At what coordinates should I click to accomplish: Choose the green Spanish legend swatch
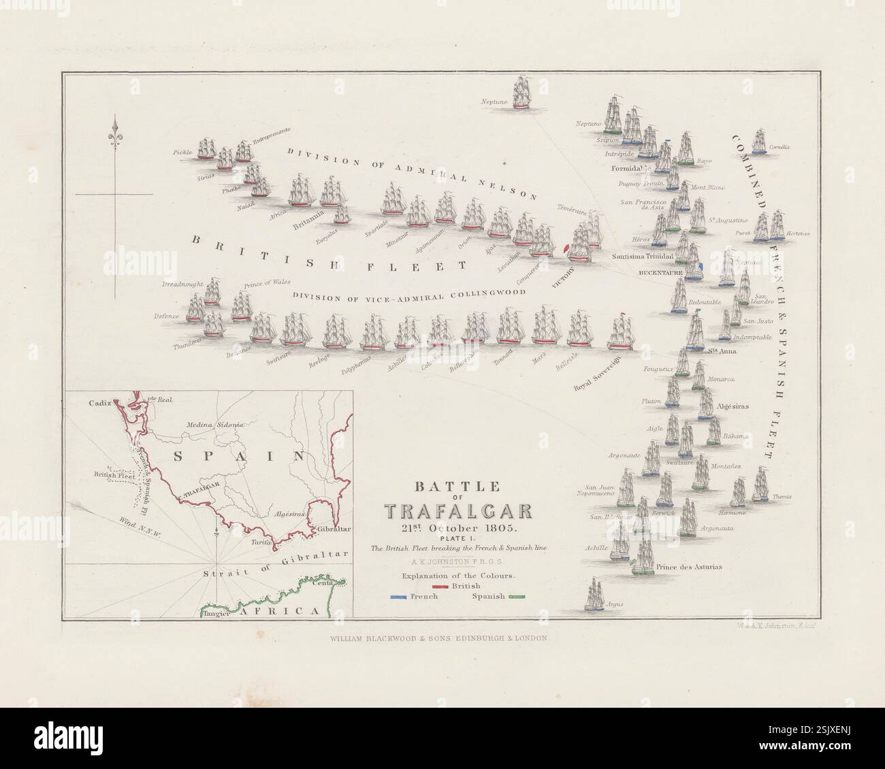point(518,597)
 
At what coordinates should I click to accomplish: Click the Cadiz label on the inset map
point(99,403)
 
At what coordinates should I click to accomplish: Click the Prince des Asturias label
point(689,566)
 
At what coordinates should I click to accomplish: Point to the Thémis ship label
point(782,497)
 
